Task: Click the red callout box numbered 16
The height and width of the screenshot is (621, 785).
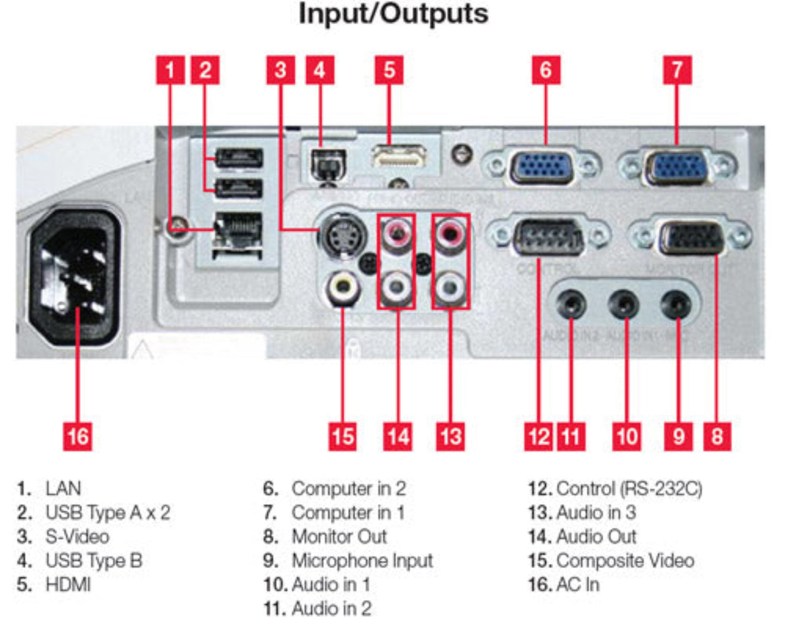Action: coord(77,436)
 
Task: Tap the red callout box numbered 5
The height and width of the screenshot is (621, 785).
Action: coord(389,70)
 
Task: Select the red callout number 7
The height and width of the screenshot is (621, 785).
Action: coord(677,70)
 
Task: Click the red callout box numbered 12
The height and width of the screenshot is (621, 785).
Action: coord(539,436)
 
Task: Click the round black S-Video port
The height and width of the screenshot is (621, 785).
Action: coord(340,234)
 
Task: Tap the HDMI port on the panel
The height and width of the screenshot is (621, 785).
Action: coord(399,156)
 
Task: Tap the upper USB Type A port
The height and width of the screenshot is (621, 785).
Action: coord(239,158)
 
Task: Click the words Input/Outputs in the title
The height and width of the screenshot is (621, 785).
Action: coord(393,14)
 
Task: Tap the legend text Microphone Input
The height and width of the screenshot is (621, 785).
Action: coord(362,561)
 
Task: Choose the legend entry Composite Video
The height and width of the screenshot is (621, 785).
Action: coord(625,561)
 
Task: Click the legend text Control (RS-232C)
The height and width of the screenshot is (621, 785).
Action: coord(629,488)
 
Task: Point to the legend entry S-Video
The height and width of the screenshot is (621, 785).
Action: coord(77,537)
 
